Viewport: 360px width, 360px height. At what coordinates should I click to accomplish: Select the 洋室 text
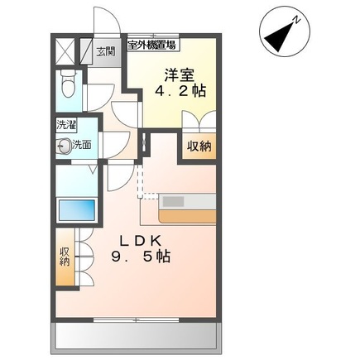[x=173, y=72]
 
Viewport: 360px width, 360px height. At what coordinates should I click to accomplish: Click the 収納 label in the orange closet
[x=198, y=146]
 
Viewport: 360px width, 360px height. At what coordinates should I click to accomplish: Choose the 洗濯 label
[x=65, y=126]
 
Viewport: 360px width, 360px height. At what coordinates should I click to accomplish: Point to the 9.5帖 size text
[x=142, y=257]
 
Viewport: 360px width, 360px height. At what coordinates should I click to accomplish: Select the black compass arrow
[x=282, y=34]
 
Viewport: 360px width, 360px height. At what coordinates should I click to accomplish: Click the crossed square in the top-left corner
[x=64, y=50]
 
